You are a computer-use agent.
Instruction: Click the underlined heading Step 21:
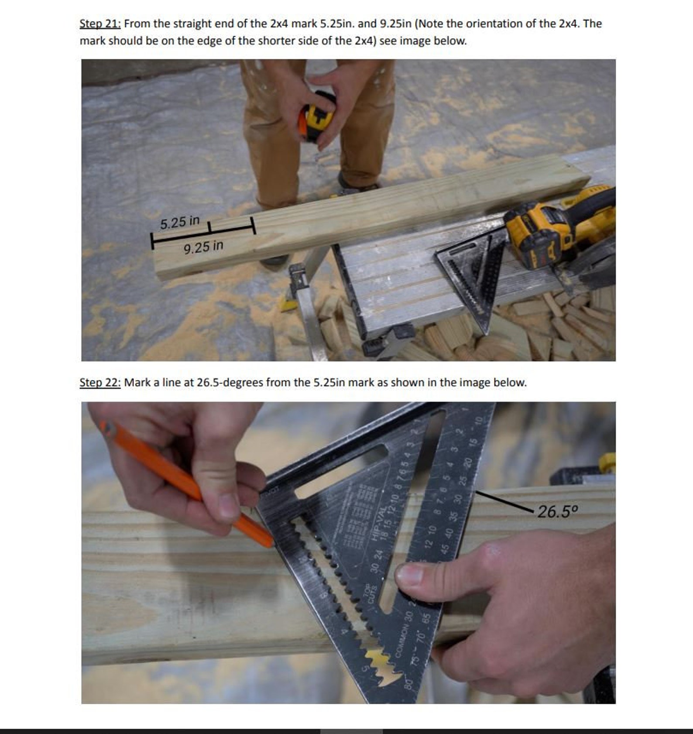[x=100, y=24]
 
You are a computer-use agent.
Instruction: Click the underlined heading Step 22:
[x=100, y=383]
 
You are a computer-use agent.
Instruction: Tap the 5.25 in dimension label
[x=179, y=223]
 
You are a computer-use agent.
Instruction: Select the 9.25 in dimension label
[x=203, y=247]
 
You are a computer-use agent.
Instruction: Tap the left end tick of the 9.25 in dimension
[x=152, y=240]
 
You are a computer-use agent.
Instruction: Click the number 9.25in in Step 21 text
[x=395, y=24]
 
